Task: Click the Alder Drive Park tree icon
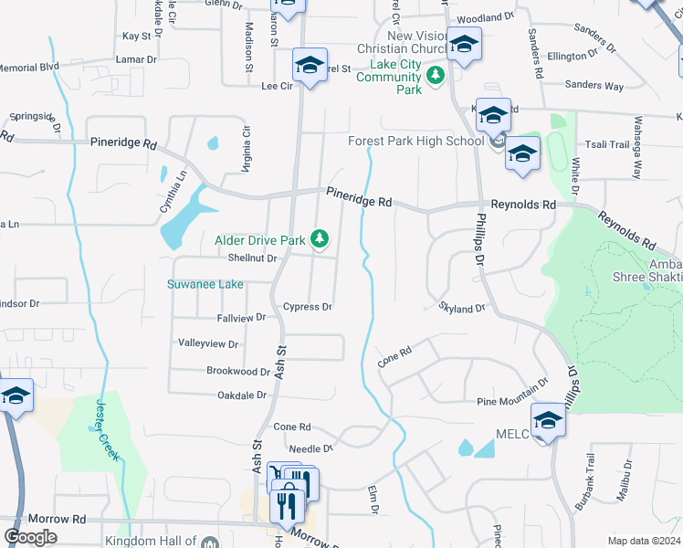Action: click(319, 239)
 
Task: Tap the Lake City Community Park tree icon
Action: click(436, 75)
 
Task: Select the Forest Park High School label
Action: click(415, 141)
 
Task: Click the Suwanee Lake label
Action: click(205, 284)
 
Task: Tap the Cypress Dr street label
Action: click(307, 307)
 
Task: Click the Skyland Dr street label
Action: click(462, 309)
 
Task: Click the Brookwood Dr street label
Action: click(237, 372)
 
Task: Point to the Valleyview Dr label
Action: click(207, 344)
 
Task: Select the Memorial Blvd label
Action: click(29, 68)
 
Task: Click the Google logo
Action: click(30, 536)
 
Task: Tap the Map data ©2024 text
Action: click(644, 541)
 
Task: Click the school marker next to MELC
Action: click(549, 421)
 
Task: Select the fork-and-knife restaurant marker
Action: click(289, 505)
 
